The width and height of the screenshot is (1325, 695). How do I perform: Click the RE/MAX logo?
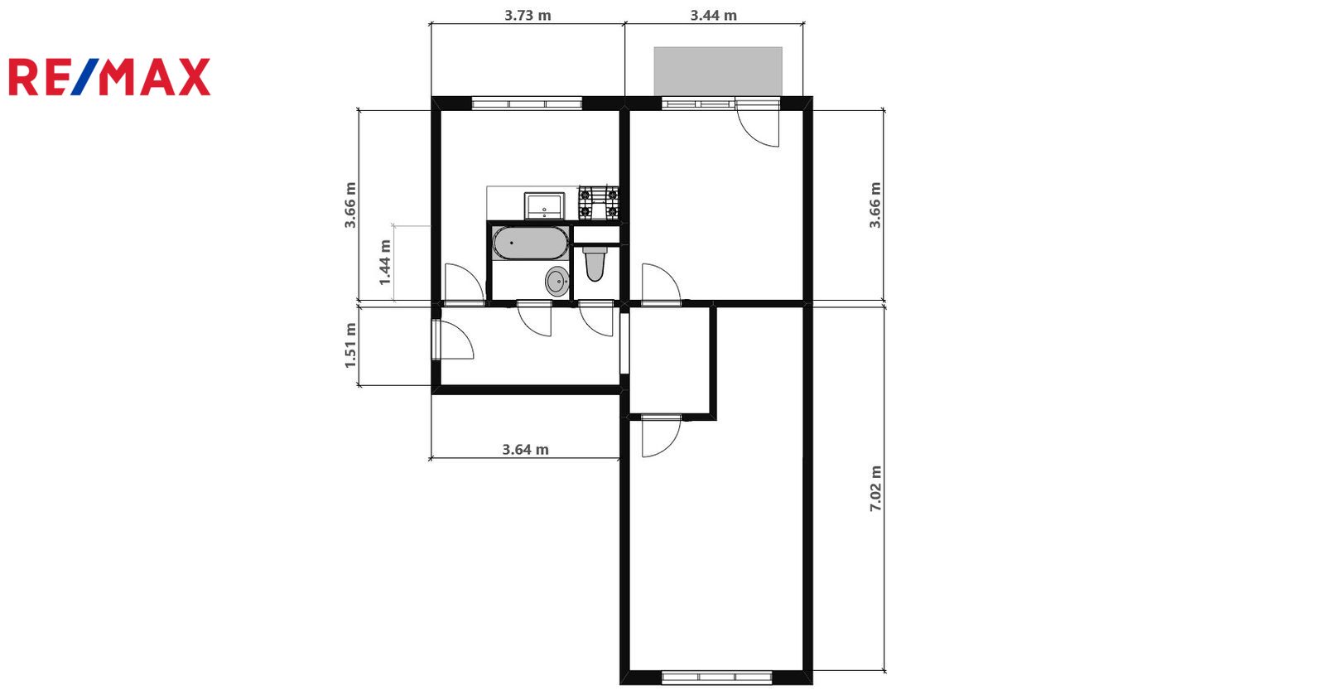click(109, 77)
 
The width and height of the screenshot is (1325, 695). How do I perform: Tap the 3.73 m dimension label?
click(528, 16)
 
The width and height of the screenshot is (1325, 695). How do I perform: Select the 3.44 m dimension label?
click(713, 16)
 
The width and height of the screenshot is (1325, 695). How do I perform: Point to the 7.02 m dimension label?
click(875, 489)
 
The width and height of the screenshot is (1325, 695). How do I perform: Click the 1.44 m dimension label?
click(385, 262)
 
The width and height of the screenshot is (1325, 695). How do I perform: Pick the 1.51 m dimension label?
click(350, 345)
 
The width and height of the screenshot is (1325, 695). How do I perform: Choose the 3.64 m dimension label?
click(525, 450)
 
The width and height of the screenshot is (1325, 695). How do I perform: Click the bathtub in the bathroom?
click(531, 243)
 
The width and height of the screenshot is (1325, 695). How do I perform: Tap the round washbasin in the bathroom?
click(557, 281)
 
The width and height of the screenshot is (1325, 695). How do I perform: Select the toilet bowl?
click(595, 263)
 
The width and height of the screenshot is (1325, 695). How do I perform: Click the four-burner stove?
click(599, 202)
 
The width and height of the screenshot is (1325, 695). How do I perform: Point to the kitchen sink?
click(544, 205)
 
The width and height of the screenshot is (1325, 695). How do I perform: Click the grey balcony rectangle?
click(718, 71)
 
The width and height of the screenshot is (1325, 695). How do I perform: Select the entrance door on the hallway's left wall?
click(452, 340)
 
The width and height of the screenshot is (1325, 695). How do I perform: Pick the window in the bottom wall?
click(717, 678)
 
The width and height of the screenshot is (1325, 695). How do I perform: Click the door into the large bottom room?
click(662, 437)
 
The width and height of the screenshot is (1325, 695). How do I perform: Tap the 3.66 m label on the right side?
click(875, 205)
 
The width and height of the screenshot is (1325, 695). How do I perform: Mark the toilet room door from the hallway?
click(595, 318)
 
